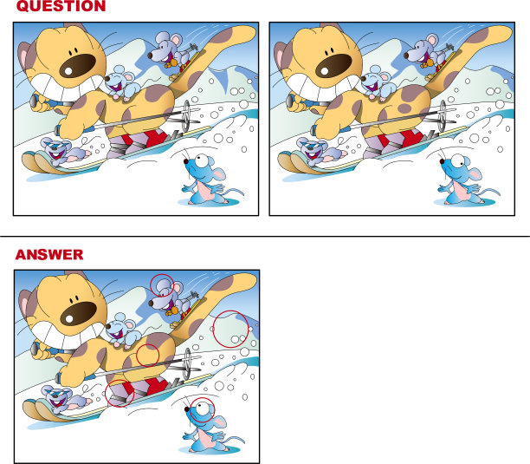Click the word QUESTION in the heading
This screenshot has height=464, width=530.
61,6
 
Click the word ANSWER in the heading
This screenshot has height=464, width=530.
49,254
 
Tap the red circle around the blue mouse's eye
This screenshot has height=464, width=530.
202,409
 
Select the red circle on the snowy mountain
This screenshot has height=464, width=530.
231,329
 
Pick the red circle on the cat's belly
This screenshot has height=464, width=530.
148,355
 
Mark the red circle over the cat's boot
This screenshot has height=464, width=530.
120,393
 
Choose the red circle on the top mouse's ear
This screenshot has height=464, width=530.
162,285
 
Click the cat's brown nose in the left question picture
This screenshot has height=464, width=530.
77,66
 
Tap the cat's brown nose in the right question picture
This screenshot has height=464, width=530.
333,66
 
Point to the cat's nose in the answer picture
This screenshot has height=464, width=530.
79,313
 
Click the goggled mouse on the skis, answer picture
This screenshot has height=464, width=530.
65,399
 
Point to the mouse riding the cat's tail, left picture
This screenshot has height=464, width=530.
171,52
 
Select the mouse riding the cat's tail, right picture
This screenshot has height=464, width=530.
427,52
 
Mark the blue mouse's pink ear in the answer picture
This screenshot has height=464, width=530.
220,422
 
